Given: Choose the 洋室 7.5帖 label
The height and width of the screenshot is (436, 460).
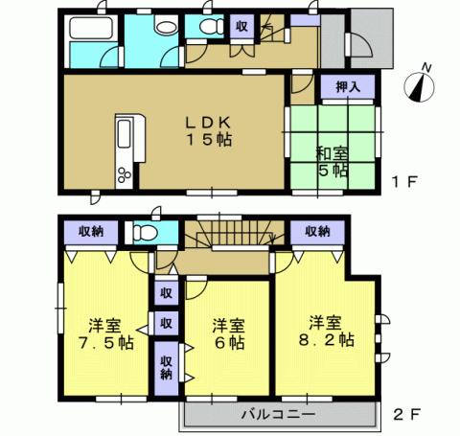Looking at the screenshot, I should pyautogui.click(x=99, y=333).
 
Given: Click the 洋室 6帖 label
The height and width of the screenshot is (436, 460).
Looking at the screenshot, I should pyautogui.click(x=228, y=333).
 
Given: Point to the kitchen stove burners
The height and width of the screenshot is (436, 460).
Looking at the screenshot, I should pyautogui.click(x=125, y=172).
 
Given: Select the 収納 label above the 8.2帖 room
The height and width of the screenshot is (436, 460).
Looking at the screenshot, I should pyautogui.click(x=318, y=231).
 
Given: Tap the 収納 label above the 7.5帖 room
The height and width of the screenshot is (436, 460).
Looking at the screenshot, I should pyautogui.click(x=91, y=231).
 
